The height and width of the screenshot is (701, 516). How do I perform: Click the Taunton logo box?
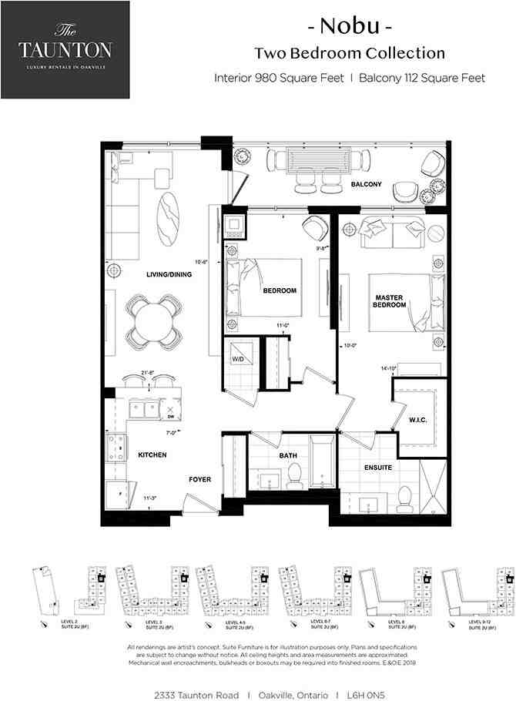point(65,49)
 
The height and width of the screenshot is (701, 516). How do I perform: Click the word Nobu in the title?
point(350,27)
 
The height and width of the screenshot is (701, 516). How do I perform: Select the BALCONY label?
point(367,185)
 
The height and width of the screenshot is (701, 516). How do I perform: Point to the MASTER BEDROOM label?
point(390,301)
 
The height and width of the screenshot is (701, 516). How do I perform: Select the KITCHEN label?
point(152,455)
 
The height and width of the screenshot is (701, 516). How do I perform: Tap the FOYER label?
point(200,479)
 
